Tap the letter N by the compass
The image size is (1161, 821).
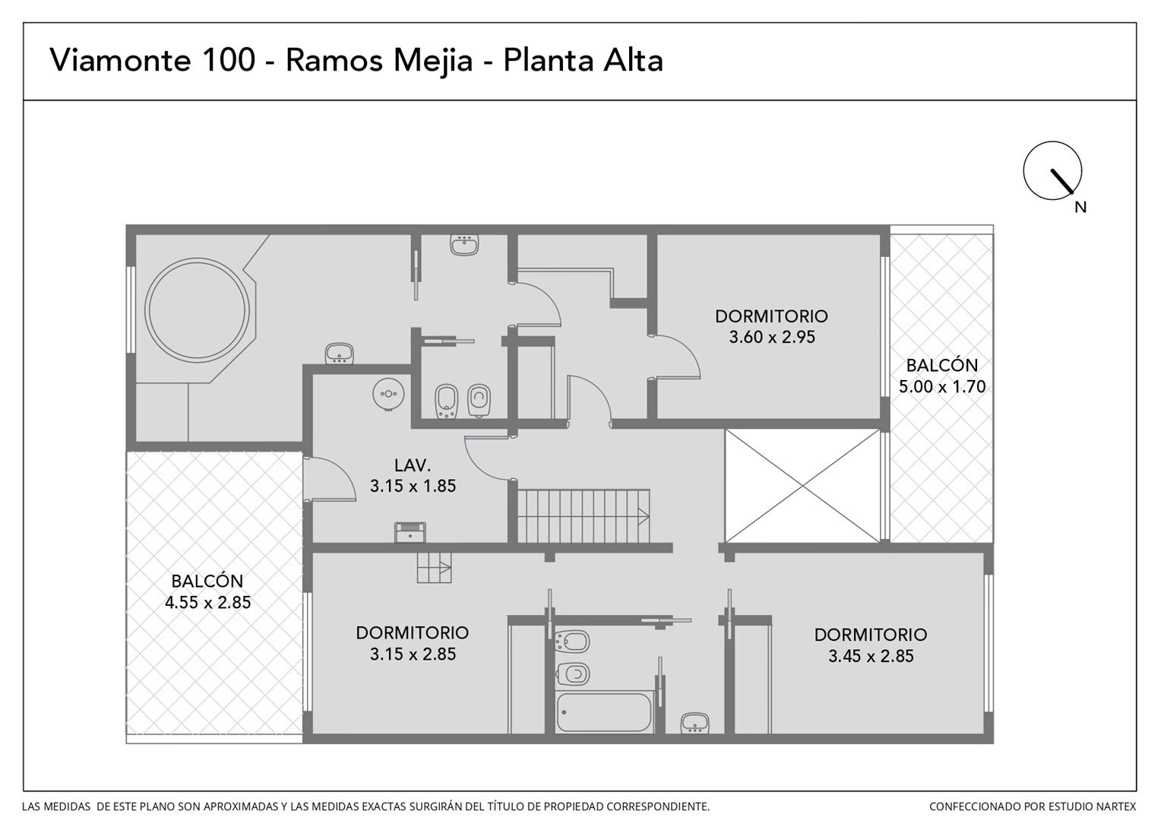(x=1080, y=208)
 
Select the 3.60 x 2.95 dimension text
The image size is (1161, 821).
(x=772, y=337)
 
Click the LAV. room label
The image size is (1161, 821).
(x=413, y=465)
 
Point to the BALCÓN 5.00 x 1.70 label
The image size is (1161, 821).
(x=941, y=376)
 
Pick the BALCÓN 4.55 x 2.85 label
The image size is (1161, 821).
(x=207, y=591)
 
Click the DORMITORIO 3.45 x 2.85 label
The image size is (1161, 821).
(x=871, y=645)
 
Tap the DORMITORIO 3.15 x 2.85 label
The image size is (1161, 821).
(x=413, y=643)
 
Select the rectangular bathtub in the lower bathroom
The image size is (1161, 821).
(x=604, y=712)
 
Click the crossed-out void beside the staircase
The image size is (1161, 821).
(x=802, y=486)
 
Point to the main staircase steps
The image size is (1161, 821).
(x=583, y=516)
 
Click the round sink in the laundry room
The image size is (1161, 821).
(x=388, y=394)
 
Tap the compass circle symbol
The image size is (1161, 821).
(x=1052, y=170)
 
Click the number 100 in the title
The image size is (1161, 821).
(x=229, y=59)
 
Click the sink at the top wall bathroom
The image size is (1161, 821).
(x=464, y=245)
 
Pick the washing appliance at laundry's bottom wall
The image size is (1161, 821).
(x=410, y=532)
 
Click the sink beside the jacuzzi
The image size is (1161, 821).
(x=339, y=353)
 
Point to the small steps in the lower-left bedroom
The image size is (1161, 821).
(x=435, y=567)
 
